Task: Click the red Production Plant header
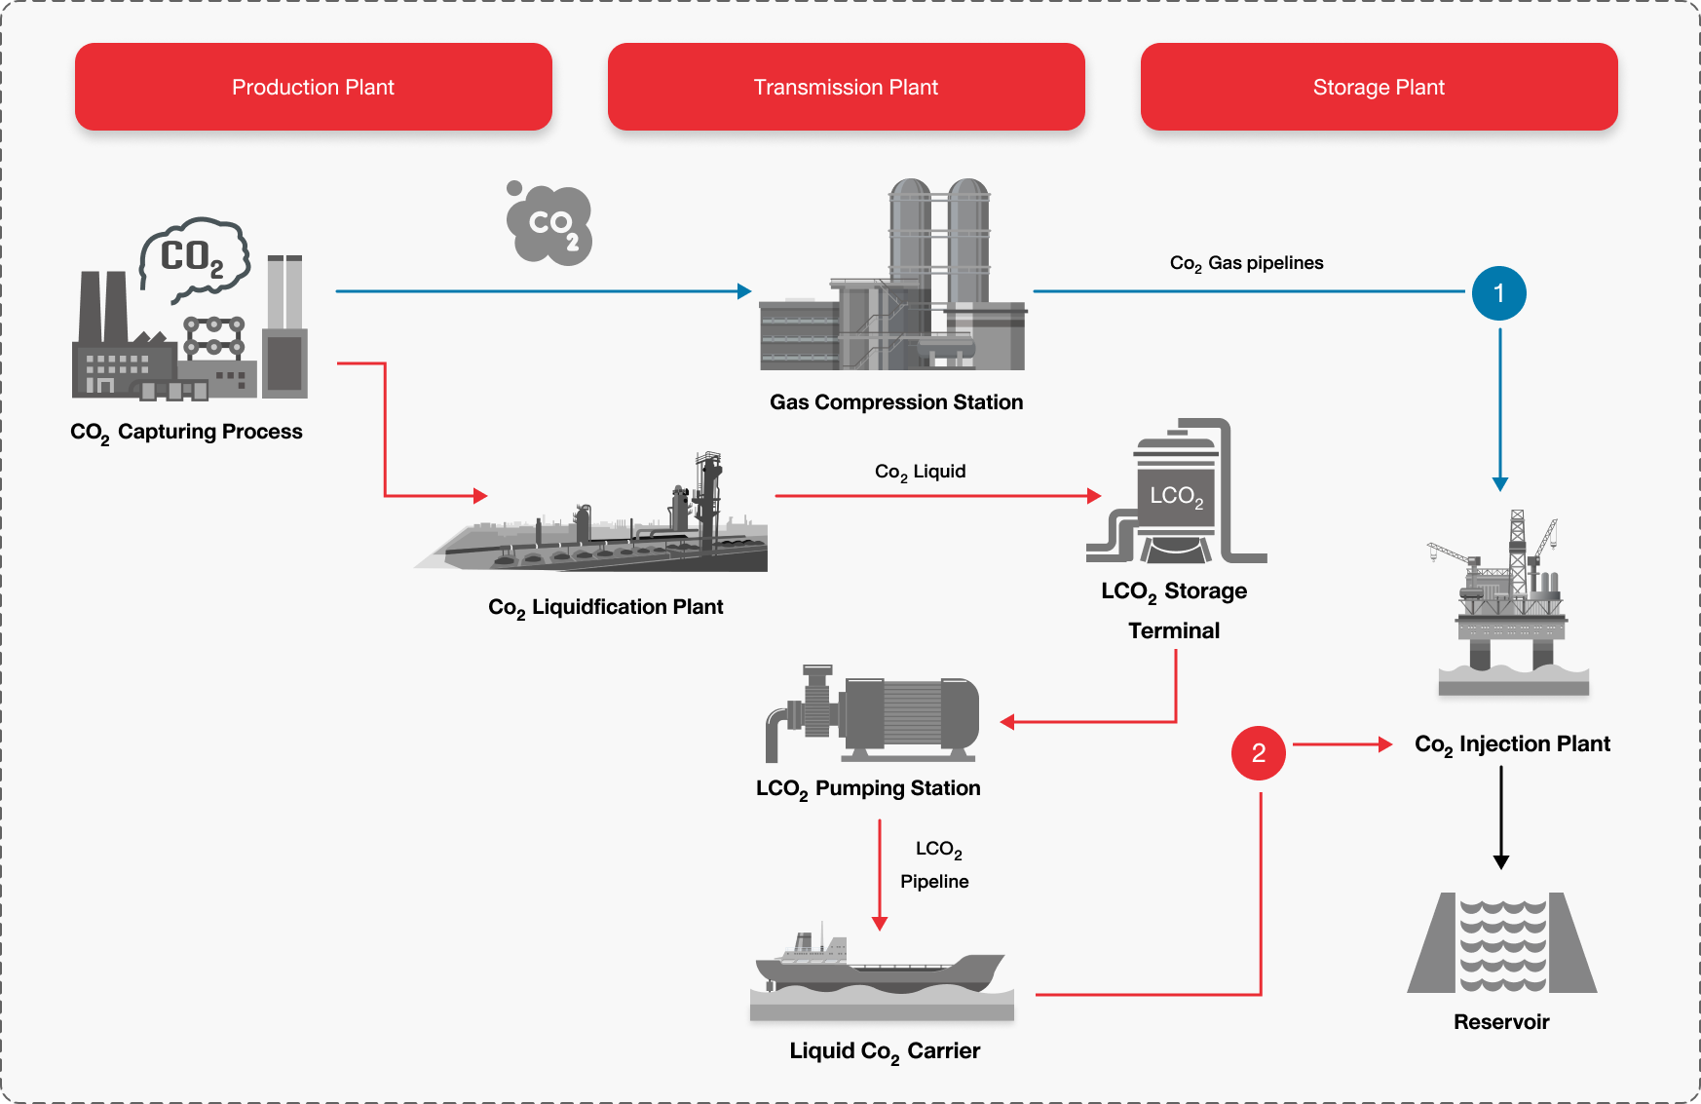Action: [x=313, y=87]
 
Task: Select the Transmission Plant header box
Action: [x=846, y=87]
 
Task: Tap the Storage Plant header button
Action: [x=1379, y=87]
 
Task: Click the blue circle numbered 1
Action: [x=1498, y=293]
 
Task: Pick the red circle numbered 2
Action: [x=1259, y=753]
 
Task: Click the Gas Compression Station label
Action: [x=896, y=402]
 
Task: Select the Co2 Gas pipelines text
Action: [x=1246, y=263]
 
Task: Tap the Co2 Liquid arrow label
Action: [x=920, y=472]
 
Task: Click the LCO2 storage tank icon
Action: [x=1176, y=493]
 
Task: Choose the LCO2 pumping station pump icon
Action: [x=873, y=712]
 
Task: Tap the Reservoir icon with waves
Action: [x=1501, y=943]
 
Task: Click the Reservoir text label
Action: [x=1501, y=1022]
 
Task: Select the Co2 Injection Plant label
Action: [x=1512, y=744]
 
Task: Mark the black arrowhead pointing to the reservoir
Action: [x=1501, y=861]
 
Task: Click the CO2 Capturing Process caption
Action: [x=186, y=432]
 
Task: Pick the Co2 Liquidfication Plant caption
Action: [x=605, y=607]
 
